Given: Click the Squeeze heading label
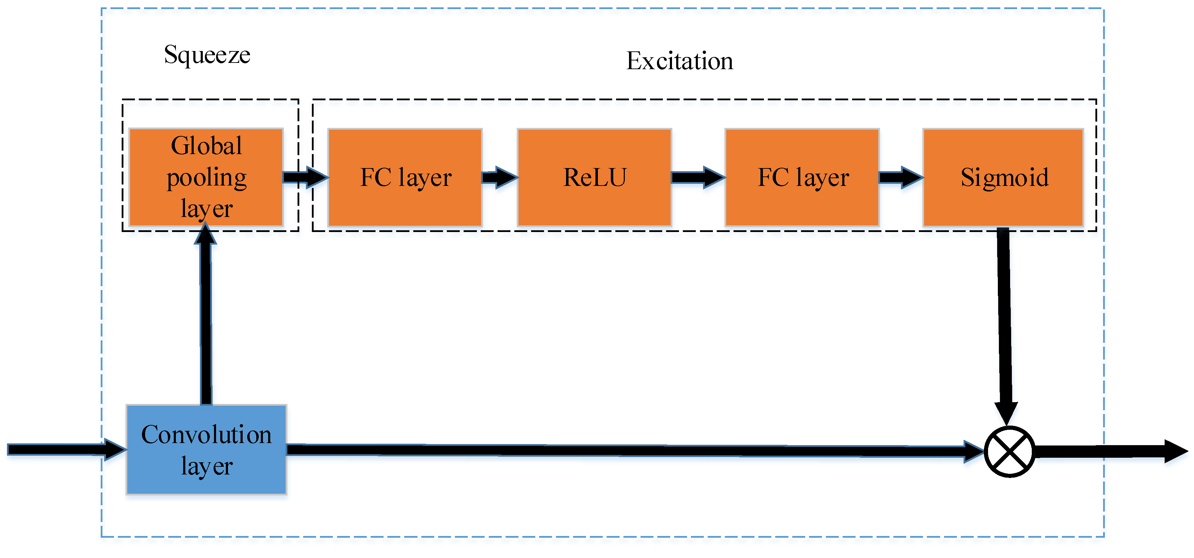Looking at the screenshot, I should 207,55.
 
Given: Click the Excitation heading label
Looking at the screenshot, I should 679,61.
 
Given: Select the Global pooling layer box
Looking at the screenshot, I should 206,177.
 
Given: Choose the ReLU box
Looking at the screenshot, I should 594,177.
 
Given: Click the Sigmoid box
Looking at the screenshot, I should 1003,177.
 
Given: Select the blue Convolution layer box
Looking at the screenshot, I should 206,450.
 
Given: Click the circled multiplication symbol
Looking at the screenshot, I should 1009,451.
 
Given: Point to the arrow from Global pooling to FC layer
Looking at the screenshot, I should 305,177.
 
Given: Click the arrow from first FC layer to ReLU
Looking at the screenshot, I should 499,177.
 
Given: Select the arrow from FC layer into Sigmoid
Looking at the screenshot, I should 901,177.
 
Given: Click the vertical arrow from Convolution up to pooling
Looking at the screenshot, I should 206,319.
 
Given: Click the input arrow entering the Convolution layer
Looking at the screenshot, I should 65,449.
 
